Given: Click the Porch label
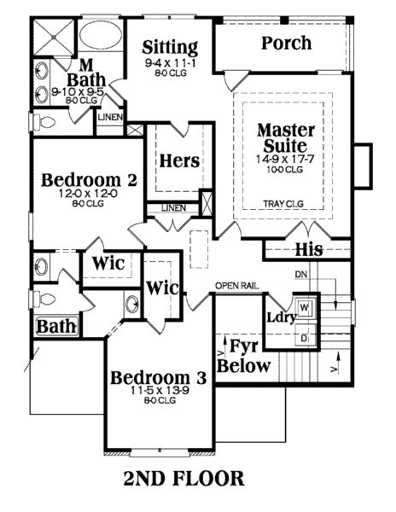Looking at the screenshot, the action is point(286,43).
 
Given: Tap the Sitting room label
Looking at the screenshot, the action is point(170,48).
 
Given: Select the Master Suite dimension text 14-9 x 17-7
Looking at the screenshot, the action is point(285,160).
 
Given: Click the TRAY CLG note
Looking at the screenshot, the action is point(283,204).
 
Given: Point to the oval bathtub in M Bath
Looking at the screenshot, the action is point(101,35).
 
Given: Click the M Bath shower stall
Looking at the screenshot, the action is point(54,37).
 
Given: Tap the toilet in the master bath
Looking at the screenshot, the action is point(44,122).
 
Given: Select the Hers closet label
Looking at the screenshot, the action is point(179,160).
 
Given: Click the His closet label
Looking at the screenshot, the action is point(309,249).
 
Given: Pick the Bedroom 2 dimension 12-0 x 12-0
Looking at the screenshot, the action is point(88,194).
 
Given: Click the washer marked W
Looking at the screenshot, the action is point(305,307).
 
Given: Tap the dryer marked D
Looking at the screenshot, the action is point(305,337).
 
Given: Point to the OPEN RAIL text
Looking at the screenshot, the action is point(237,286).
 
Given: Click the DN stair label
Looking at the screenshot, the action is point(300,274).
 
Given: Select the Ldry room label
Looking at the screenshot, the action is point(282,317).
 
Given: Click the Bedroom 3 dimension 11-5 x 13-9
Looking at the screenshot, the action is point(160,390).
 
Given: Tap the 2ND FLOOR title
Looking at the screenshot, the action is point(183,479).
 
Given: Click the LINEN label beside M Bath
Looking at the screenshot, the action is point(110,117).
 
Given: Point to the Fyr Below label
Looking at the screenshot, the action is point(244,356).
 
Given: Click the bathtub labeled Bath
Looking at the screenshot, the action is point(56,326).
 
